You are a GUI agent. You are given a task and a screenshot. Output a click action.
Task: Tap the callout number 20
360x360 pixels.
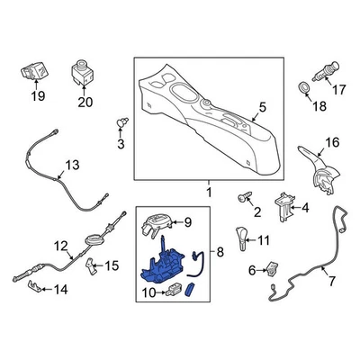(85, 101)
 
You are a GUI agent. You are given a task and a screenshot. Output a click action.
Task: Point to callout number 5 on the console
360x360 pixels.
(262, 111)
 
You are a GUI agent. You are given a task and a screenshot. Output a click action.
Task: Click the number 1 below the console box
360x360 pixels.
(208, 193)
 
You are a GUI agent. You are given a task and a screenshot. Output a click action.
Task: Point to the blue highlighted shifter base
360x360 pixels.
(165, 268)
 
